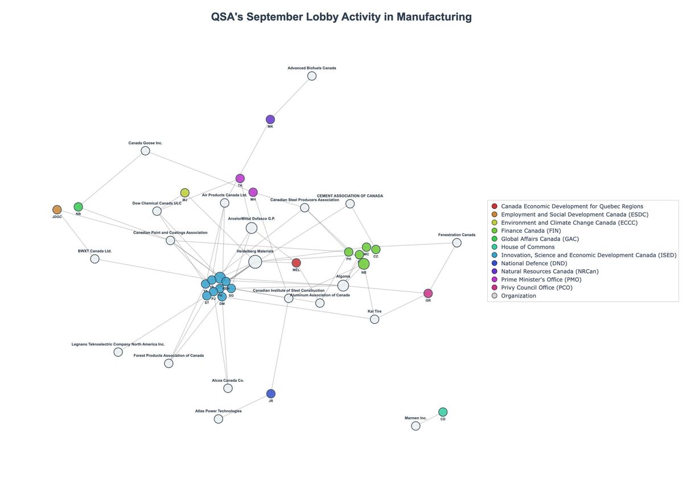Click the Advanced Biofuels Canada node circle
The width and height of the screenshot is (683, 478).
[x=312, y=76]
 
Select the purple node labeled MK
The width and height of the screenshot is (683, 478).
[x=270, y=119]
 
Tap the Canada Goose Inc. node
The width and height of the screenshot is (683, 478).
[x=145, y=151]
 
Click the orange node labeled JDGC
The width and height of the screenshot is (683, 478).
[x=57, y=210]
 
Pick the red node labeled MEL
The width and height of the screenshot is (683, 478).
[x=296, y=263]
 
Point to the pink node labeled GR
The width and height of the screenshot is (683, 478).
[x=428, y=294]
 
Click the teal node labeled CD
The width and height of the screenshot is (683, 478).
[x=443, y=412]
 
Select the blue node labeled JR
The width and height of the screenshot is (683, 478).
[x=271, y=394]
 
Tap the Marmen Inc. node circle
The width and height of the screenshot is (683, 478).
[x=415, y=426]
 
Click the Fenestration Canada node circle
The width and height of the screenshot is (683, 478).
[x=456, y=243]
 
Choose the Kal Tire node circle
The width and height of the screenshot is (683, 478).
[x=375, y=319]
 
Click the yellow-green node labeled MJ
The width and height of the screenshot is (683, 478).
[x=185, y=193]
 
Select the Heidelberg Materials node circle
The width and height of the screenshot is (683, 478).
[x=255, y=262]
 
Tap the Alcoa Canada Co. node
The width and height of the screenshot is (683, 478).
[x=228, y=388]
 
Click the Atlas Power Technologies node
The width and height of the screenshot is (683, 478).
[x=219, y=419]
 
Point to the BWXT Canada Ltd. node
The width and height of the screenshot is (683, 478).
[x=95, y=259]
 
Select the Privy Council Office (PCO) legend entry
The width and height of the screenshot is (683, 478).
[x=537, y=287]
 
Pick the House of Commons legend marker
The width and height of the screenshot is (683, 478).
[x=494, y=247]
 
